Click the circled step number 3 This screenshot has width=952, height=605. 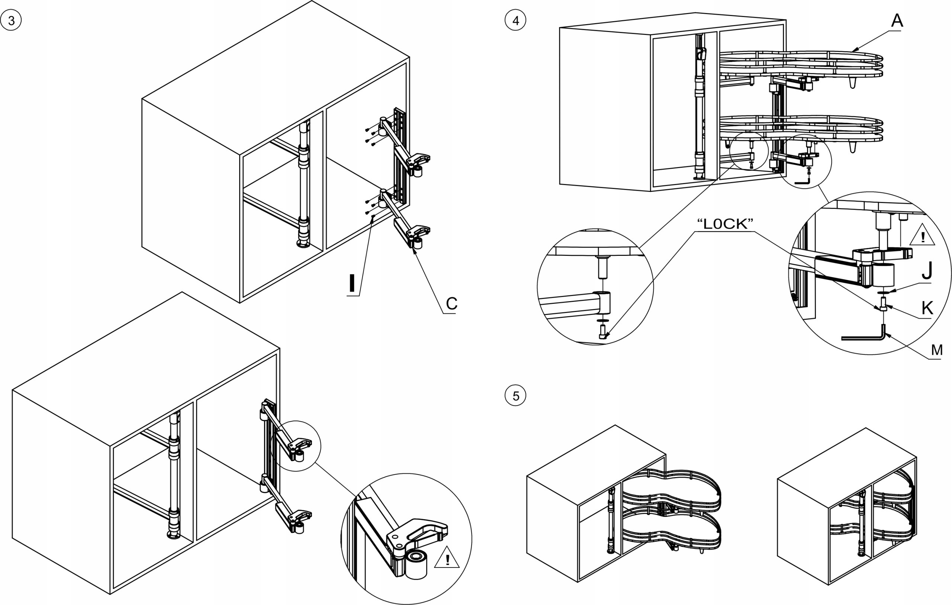point(11,20)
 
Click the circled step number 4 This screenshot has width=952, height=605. point(515,20)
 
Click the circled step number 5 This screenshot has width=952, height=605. point(515,396)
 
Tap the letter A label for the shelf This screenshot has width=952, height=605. point(897,20)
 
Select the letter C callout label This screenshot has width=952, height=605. point(451,304)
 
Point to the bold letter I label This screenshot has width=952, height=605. point(351,283)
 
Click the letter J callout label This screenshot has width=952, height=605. point(927,271)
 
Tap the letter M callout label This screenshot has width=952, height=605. point(937,350)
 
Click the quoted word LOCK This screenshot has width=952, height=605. point(725,224)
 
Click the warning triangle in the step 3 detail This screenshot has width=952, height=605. point(447,558)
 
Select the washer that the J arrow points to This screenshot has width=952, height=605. point(883,292)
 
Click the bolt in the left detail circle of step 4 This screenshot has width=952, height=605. point(602,331)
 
